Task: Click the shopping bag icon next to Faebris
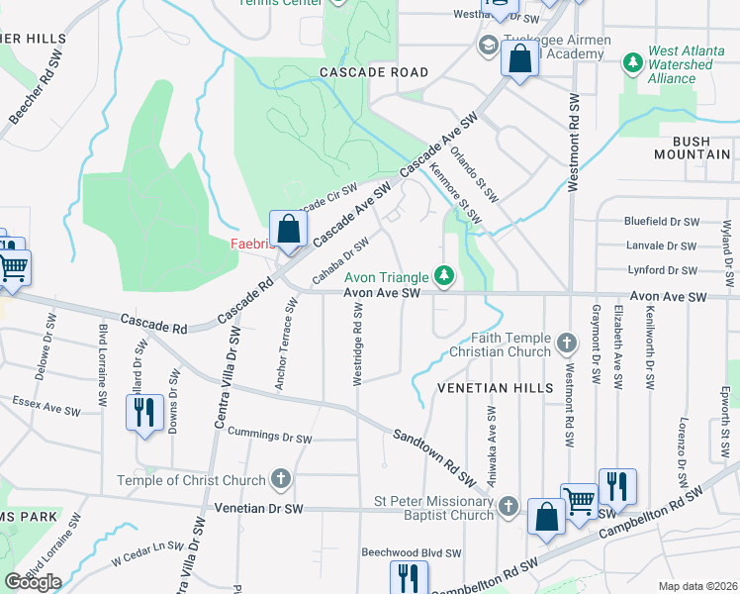(x=287, y=230)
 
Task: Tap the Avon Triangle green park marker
(x=445, y=275)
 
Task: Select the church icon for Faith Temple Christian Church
(x=567, y=344)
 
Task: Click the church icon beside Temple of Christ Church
(x=281, y=480)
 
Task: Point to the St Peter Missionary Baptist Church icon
(x=509, y=506)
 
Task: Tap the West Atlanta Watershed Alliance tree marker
(x=633, y=64)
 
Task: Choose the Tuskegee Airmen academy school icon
(x=488, y=47)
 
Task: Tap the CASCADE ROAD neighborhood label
(x=374, y=72)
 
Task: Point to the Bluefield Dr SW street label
(x=661, y=222)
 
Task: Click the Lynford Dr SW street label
(x=663, y=269)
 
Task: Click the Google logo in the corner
(x=33, y=582)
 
